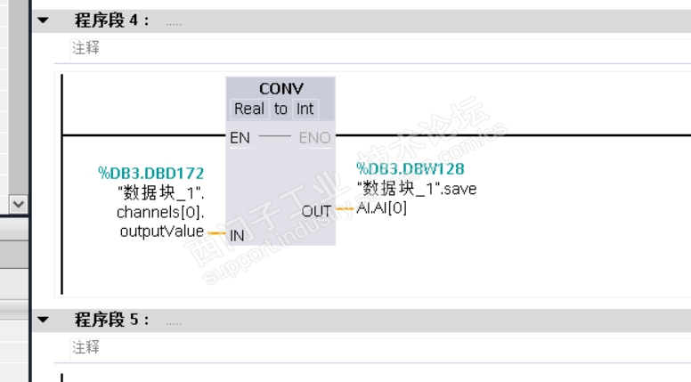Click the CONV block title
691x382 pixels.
(280, 89)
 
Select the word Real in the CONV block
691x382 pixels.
(248, 109)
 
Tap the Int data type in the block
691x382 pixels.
(305, 109)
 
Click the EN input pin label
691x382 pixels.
(240, 138)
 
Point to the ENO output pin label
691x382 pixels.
(314, 138)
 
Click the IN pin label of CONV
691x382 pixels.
(237, 236)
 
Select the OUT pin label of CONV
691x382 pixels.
(316, 211)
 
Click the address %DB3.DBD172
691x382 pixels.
(150, 173)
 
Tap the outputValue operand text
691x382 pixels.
(161, 232)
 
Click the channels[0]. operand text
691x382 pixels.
(160, 213)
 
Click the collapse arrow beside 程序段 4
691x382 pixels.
(43, 20)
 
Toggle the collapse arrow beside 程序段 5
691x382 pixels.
(43, 319)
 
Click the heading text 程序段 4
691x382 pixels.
(112, 20)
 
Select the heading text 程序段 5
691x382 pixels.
(112, 319)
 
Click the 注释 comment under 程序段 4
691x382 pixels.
(85, 48)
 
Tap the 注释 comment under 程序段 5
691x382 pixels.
(85, 346)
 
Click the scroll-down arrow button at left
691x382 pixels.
(16, 203)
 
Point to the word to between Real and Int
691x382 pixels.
(280, 109)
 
